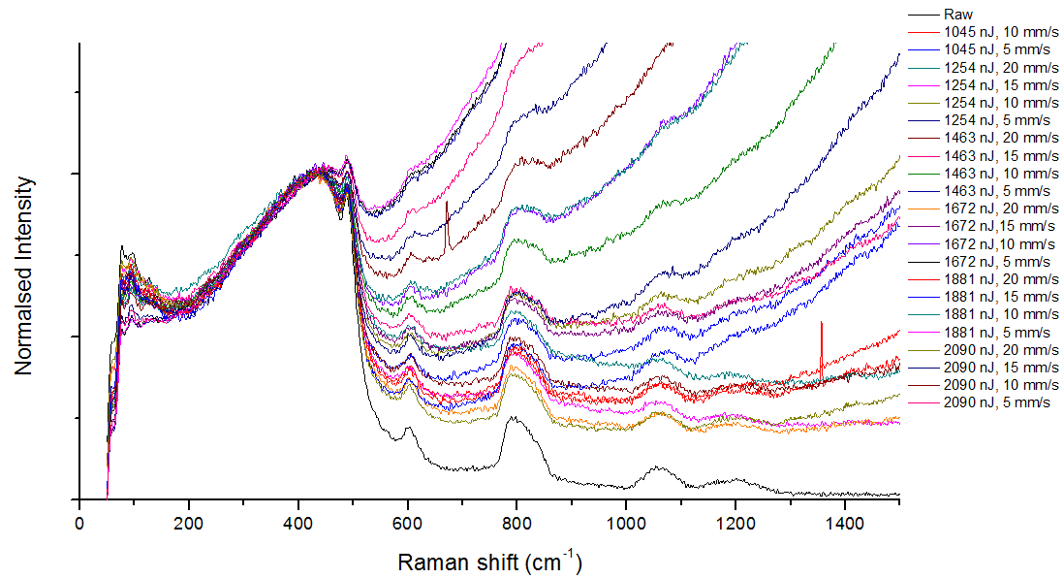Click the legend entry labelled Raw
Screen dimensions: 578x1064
[x=959, y=15]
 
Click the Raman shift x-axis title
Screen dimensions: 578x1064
[x=489, y=561]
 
